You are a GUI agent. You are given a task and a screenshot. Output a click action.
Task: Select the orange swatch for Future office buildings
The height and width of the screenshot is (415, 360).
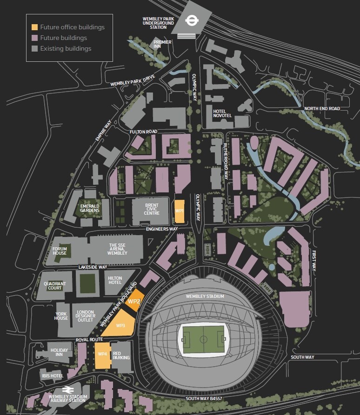(x=34, y=27)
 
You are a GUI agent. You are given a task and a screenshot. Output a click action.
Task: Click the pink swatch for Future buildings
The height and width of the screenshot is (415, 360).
(x=34, y=38)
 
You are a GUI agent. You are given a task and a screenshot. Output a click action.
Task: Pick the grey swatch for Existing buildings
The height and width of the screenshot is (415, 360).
(x=34, y=49)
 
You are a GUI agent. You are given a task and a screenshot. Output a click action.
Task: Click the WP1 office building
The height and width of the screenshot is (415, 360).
(x=179, y=211)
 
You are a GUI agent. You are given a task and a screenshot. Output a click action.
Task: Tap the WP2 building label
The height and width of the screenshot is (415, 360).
(x=134, y=302)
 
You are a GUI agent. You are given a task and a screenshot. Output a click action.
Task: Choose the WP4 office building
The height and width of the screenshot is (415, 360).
(x=103, y=354)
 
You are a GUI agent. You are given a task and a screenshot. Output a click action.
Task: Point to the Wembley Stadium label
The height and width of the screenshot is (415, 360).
(x=205, y=296)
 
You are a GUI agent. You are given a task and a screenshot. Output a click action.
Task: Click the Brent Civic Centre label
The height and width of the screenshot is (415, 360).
(x=152, y=209)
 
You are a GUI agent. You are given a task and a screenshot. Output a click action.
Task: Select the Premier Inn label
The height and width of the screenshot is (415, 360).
(x=163, y=44)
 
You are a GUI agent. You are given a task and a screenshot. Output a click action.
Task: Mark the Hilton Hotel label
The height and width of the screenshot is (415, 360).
(x=114, y=280)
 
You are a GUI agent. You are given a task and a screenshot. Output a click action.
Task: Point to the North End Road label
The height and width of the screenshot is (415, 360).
(x=322, y=109)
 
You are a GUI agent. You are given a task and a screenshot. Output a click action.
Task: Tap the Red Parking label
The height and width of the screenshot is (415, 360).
(x=120, y=356)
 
